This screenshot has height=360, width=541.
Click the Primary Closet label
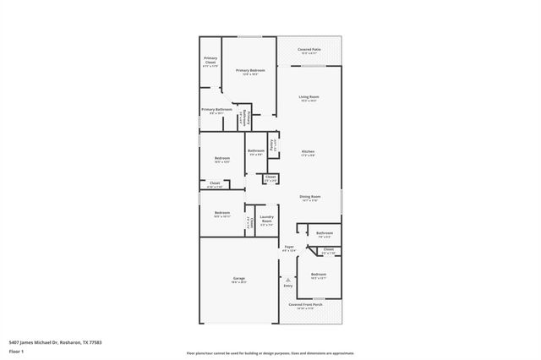[210, 60]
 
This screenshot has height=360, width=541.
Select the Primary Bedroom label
[250, 71]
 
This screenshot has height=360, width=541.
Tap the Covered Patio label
[309, 51]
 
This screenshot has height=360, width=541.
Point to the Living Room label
[309, 98]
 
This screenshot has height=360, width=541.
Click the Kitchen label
[309, 153]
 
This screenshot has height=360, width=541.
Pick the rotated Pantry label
[273, 143]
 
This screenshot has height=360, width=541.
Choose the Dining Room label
[309, 199]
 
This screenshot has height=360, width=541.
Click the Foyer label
[288, 248]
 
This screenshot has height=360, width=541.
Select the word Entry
[288, 286]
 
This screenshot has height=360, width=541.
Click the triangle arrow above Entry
[288, 278]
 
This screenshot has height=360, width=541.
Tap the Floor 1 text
[15, 351]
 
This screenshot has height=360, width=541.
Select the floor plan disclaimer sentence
[270, 353]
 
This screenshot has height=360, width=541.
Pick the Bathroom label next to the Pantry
[256, 152]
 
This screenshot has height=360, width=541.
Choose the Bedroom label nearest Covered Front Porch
[319, 276]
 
